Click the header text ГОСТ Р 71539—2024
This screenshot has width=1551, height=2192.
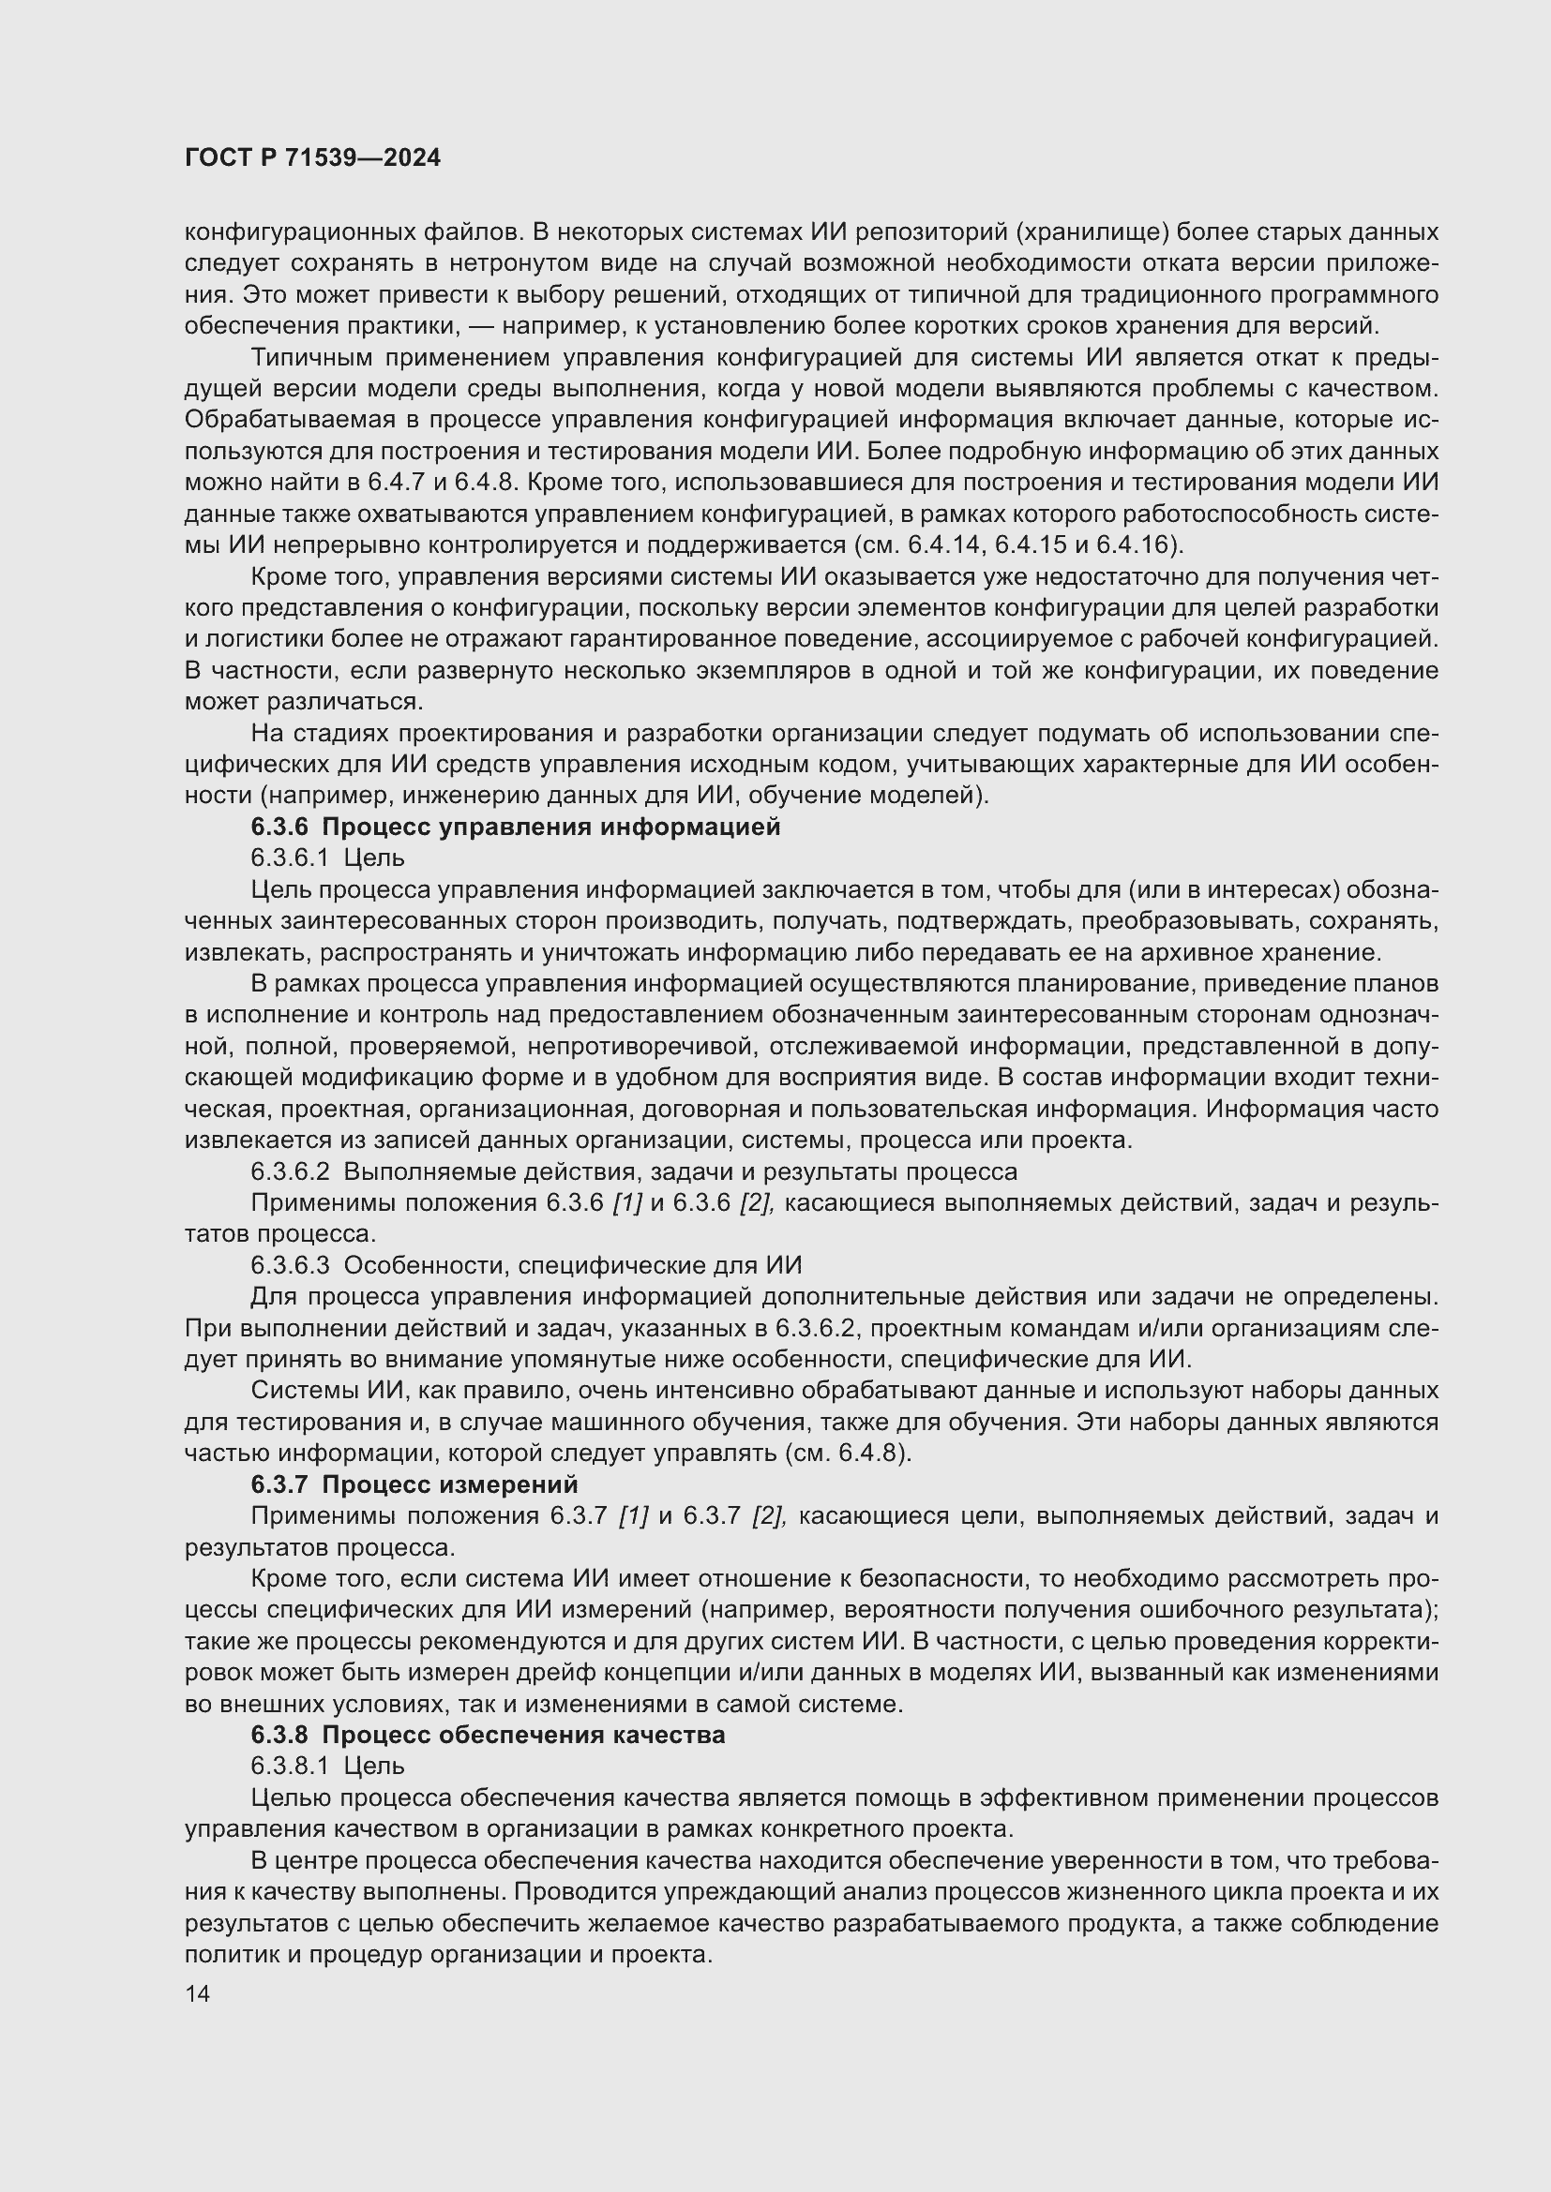click(312, 158)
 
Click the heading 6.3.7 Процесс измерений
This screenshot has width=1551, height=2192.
click(414, 1484)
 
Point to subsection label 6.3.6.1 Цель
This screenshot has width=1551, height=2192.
click(327, 858)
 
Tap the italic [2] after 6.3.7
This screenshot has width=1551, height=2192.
click(769, 1516)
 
